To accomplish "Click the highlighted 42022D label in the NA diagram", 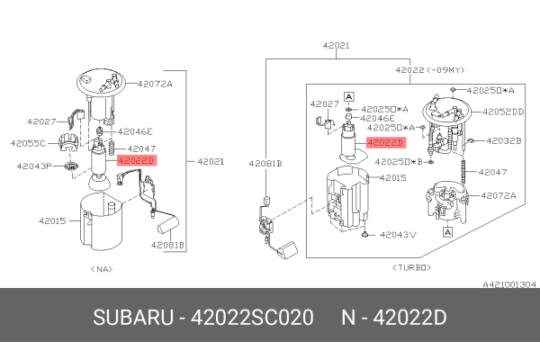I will point(137,160).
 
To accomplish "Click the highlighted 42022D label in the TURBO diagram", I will point(385,141).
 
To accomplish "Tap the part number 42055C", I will point(28,143).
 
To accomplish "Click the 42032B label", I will point(504,140).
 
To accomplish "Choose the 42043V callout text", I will point(398,235).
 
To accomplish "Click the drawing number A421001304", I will point(509,283).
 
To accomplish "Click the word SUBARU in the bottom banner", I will point(132,319).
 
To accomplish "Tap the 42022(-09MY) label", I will point(428,68).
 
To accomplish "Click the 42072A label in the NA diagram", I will point(154,84).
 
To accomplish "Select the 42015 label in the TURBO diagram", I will point(393,178).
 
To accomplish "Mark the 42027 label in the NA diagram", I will point(40,120).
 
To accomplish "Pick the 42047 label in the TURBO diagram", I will point(493,171).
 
